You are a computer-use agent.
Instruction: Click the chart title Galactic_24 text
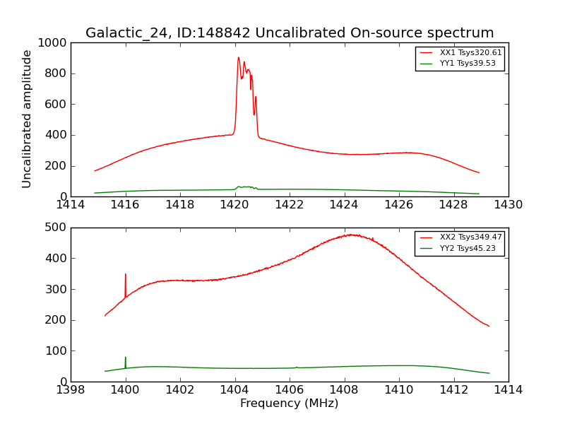coord(290,33)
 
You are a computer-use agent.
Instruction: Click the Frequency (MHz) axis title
coord(289,404)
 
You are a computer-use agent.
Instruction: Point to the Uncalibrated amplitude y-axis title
coord(28,119)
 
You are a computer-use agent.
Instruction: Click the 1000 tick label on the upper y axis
coord(54,43)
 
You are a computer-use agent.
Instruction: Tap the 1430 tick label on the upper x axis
coord(508,205)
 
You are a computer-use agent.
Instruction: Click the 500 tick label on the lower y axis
coord(57,228)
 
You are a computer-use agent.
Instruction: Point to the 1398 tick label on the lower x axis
coord(71,389)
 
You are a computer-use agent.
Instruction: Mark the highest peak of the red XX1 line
coord(239,58)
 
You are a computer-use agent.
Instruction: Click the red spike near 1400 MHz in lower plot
coord(126,275)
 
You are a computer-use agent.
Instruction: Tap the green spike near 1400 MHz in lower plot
coord(126,358)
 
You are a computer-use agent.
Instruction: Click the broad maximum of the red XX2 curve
coord(351,235)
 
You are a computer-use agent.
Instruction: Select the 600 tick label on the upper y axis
coord(57,105)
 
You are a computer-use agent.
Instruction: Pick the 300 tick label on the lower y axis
coord(57,289)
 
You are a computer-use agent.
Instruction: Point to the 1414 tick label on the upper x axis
coord(71,205)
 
